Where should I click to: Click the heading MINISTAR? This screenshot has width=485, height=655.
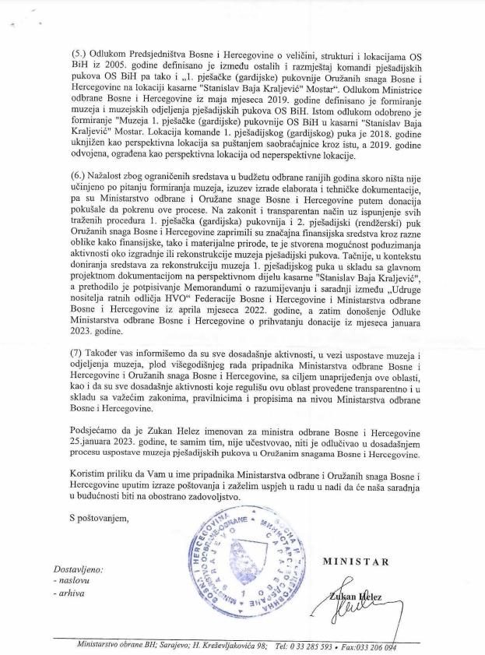(356, 562)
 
